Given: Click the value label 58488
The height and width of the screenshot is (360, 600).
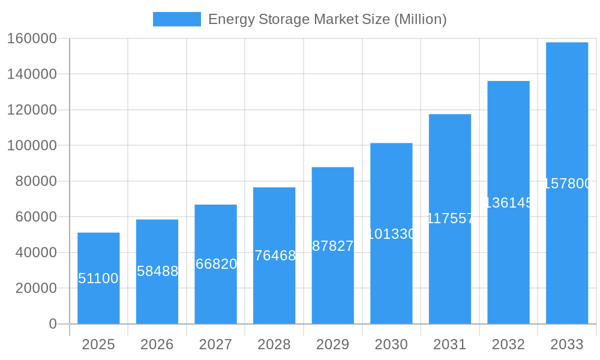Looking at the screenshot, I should (x=157, y=271).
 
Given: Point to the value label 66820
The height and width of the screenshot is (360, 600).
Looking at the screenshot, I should (x=216, y=264).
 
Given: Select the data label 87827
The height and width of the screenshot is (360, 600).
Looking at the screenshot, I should (x=333, y=246).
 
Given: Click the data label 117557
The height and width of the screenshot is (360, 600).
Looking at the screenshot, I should (x=450, y=218).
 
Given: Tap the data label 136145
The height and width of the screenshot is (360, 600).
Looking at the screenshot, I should (x=508, y=203).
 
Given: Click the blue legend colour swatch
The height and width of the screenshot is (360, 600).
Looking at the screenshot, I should (x=176, y=19).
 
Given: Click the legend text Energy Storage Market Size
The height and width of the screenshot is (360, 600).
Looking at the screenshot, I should (x=327, y=19).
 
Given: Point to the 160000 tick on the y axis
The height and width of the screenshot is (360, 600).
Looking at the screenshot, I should (x=32, y=39).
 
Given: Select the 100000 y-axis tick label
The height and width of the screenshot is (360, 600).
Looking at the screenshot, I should (x=32, y=146).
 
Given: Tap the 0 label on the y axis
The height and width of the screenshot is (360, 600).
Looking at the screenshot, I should (x=52, y=324).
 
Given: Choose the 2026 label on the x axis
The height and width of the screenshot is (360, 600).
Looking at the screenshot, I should (x=157, y=344).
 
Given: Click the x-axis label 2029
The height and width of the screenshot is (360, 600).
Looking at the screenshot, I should (x=333, y=344).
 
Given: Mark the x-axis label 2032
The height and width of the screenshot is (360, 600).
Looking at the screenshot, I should (x=508, y=344).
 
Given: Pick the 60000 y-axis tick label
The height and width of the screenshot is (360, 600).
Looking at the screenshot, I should (x=35, y=217).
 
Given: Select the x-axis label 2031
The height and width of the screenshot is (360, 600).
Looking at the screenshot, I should (x=450, y=344).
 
